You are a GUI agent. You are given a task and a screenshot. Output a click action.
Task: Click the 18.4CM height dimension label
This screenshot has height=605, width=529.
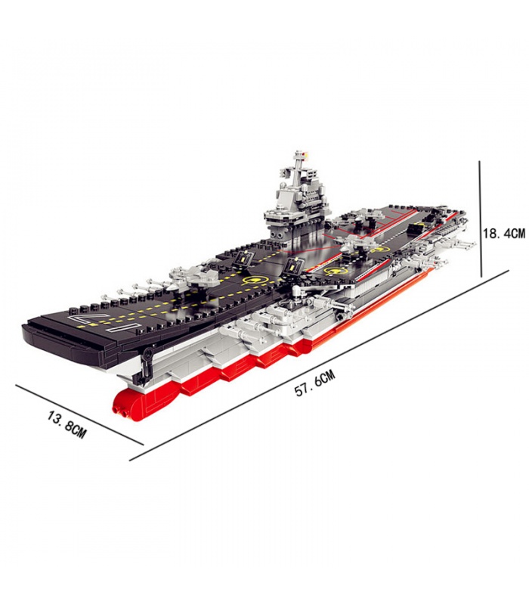tap(504, 233)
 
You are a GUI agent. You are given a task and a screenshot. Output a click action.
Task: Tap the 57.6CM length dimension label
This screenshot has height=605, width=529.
tap(314, 383)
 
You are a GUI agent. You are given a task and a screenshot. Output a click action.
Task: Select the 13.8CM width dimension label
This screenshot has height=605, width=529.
tap(66, 423)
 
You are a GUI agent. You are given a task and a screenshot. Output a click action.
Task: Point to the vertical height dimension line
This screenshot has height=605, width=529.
tap(481, 219)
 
